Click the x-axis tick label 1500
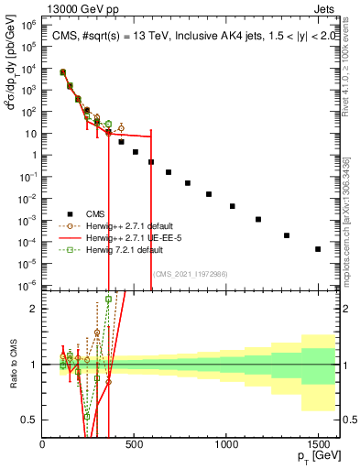click(x=318, y=443)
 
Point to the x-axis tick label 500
click(x=135, y=443)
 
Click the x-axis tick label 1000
click(x=226, y=443)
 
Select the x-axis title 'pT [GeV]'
click(x=316, y=456)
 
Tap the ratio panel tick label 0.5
click(x=28, y=420)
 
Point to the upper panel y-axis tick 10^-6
click(x=27, y=284)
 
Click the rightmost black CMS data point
click(x=318, y=249)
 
